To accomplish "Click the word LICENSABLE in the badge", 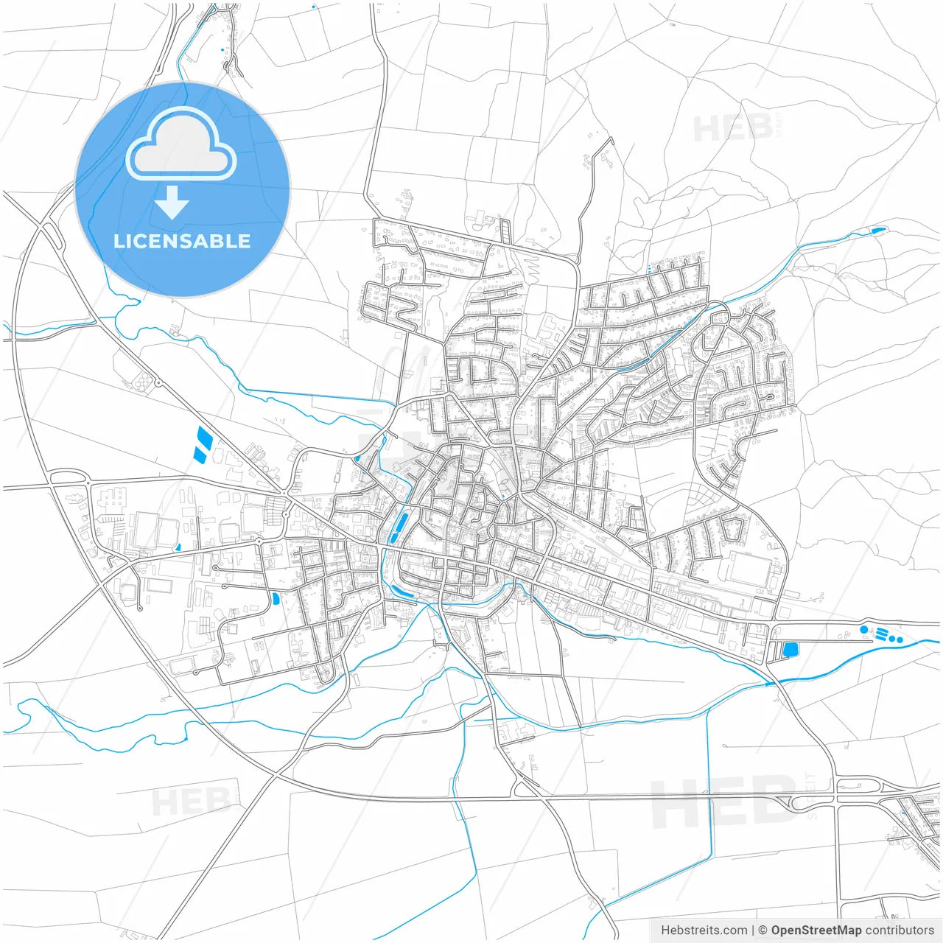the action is point(182,241).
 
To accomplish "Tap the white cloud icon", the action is point(180,144).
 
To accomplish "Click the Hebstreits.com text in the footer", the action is point(703,930).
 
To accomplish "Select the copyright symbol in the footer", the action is point(763,930).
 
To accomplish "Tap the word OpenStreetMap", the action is point(816,930).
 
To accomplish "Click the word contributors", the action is point(900,930).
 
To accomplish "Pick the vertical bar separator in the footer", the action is point(753,930).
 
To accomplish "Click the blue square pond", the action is point(790,650).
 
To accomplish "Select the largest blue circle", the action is point(864,630).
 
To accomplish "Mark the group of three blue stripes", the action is point(882,633).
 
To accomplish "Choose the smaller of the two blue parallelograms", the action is point(198,453).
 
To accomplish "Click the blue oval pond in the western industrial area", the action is point(276,598).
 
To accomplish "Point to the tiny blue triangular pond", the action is point(178,547).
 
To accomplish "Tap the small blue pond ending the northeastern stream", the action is point(877,230).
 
